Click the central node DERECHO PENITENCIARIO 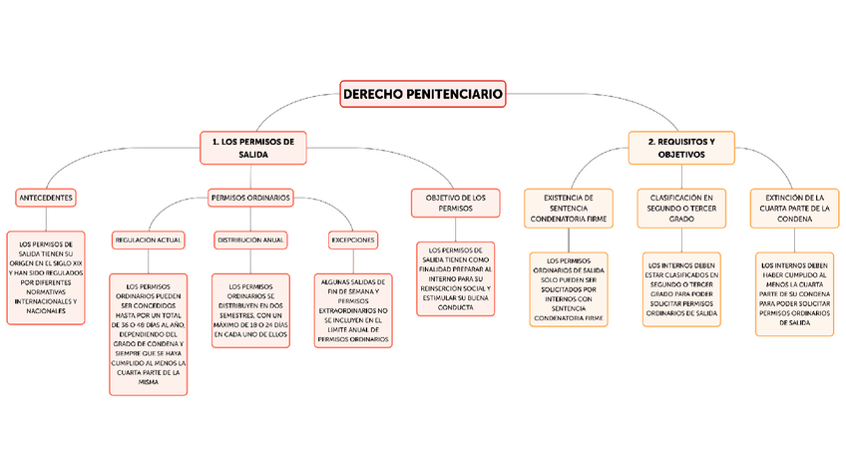(423, 94)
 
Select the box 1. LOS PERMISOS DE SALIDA (252, 148)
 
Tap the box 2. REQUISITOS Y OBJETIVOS (681, 148)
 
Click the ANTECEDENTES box (45, 198)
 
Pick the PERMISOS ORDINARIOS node (250, 198)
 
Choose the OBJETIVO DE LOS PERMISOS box (455, 203)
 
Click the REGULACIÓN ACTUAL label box (148, 240)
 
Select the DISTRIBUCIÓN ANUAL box (250, 240)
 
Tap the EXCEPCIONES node (353, 240)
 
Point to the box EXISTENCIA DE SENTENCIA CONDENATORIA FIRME (568, 208)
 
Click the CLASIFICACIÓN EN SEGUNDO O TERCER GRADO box (681, 208)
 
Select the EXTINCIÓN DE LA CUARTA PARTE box (795, 208)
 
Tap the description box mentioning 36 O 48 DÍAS (148, 334)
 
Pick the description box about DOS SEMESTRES (250, 310)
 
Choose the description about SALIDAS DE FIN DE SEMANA (353, 310)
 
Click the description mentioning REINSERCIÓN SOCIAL (455, 278)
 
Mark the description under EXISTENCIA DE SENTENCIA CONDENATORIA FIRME (568, 289)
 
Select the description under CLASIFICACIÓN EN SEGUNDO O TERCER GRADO (681, 289)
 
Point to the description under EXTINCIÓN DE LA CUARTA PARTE (795, 294)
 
